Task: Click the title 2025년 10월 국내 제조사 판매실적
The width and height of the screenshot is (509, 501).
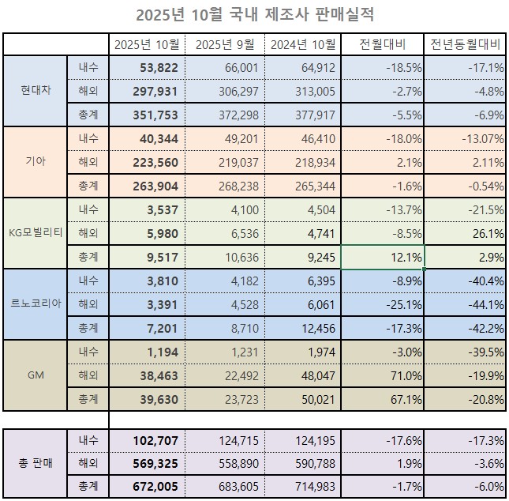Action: coord(254,14)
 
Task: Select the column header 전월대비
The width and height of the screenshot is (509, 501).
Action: coord(382,44)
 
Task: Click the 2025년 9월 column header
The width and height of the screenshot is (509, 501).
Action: coord(225,44)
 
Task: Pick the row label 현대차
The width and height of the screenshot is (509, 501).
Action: coord(35,90)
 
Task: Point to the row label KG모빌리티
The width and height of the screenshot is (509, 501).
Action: coord(35,233)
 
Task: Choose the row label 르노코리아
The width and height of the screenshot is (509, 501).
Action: coord(35,303)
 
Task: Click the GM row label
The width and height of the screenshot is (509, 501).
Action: coord(35,375)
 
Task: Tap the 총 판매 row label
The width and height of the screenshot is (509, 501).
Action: coord(35,462)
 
